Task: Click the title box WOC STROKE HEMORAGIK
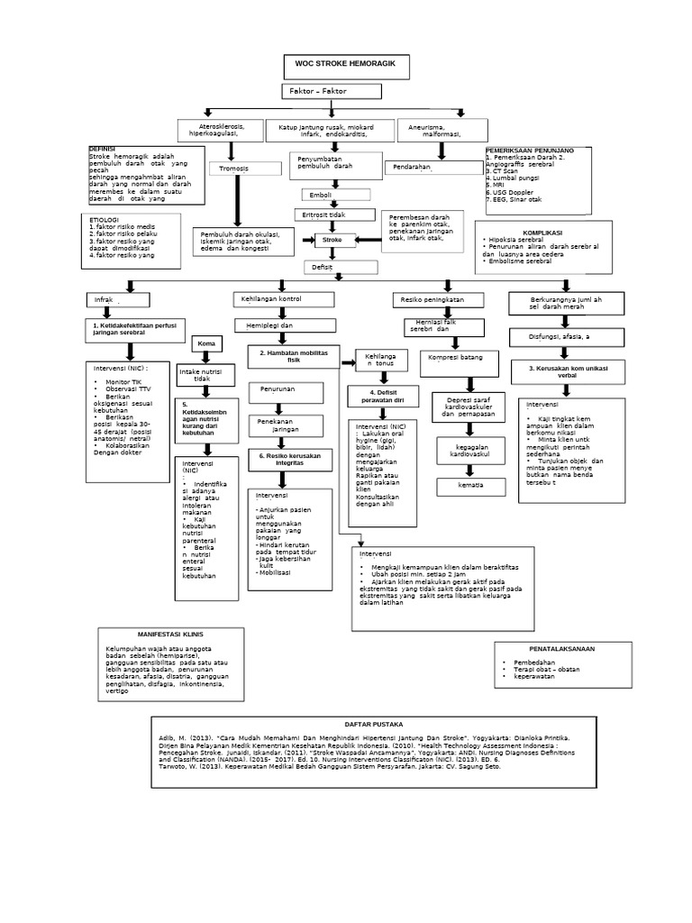click(346, 65)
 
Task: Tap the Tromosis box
click(233, 169)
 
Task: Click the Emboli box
click(334, 195)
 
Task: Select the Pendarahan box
click(421, 168)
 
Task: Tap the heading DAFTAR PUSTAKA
click(374, 725)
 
